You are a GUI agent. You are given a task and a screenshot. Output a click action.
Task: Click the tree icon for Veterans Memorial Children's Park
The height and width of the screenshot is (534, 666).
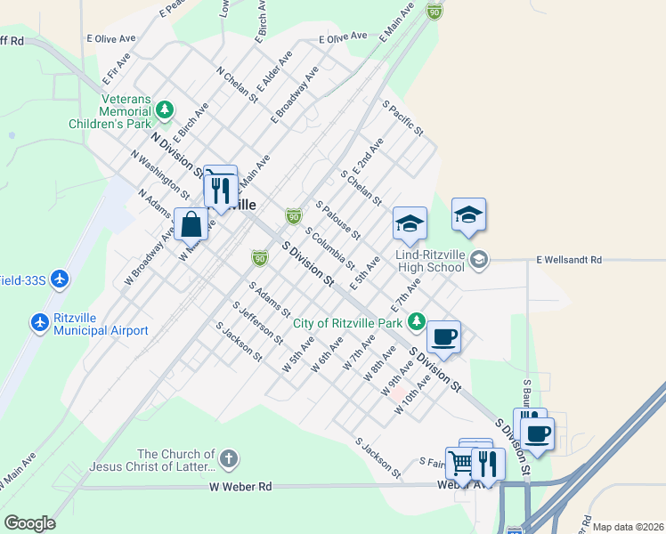point(164,109)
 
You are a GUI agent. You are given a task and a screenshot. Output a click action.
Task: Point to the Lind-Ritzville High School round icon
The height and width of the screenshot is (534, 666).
point(480,260)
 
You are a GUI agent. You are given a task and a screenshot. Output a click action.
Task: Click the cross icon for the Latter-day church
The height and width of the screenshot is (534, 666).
point(229,459)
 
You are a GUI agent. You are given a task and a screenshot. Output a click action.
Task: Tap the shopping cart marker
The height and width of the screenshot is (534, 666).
point(461,463)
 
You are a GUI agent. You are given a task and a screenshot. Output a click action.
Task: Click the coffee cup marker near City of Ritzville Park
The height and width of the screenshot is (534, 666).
point(443,337)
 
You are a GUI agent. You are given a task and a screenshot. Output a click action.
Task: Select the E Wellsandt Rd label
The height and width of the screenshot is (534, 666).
point(569,260)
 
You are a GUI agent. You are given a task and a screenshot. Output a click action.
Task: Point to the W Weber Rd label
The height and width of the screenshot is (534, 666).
point(240,487)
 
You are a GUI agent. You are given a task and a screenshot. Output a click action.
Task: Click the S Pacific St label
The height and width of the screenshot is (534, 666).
point(402,118)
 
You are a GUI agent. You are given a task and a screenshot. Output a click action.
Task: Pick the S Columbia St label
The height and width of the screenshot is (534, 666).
point(329,249)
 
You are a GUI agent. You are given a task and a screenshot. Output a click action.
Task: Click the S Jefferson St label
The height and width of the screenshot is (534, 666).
point(258,323)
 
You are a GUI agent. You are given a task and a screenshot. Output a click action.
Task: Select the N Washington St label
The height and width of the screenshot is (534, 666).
point(159,174)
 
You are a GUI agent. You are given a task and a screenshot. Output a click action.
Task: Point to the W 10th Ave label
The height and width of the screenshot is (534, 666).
point(418,394)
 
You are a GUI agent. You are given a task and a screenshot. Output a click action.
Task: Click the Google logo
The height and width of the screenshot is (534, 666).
point(29,522)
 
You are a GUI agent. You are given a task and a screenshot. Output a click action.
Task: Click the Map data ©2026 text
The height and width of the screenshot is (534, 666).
point(628,527)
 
